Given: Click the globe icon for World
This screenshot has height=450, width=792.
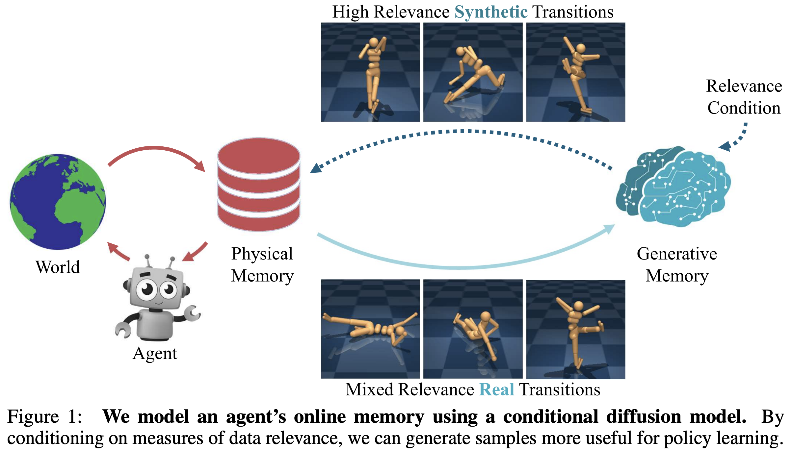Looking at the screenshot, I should coord(58,201).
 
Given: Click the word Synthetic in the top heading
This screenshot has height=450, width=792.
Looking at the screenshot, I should coord(491,12).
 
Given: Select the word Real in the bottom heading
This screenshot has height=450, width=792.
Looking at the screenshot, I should coord(496,389).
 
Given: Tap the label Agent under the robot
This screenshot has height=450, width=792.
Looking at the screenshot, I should coord(155,354).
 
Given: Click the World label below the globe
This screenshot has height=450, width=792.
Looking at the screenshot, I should coord(58,267).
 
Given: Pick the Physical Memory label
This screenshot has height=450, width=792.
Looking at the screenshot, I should coord(262,264).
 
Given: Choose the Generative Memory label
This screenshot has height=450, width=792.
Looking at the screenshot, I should coord(677,264).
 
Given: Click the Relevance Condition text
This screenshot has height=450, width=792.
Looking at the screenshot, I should coord(744,97).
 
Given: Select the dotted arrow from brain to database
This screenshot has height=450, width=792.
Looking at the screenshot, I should coord(461,132).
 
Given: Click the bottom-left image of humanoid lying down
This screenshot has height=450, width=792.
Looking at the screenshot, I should coord(370,329).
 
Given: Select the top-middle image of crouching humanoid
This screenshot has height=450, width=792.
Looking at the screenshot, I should coord(473,72).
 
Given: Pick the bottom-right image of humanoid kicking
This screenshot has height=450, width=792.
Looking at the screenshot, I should coord(575,329).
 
